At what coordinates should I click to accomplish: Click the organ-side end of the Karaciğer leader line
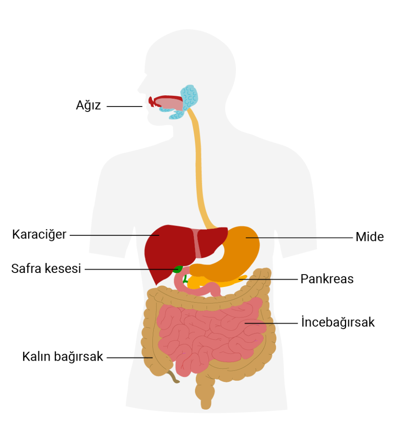159,235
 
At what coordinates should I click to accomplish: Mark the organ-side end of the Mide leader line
246,238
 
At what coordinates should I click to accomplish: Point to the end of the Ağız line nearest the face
142,106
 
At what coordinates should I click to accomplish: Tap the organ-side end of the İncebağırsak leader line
245,323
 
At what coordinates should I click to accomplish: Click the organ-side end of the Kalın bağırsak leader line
152,358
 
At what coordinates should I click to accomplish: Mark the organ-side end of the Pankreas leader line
239,279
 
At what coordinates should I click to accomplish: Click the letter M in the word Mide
361,237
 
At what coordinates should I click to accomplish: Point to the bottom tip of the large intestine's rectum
206,409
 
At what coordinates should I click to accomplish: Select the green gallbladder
178,269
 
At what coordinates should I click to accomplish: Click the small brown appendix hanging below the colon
173,377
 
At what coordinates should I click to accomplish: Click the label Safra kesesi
46,269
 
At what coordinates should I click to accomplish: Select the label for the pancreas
327,279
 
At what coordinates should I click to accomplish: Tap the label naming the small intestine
338,322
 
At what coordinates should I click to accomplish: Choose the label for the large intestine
63,356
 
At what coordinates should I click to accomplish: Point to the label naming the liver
39,235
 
